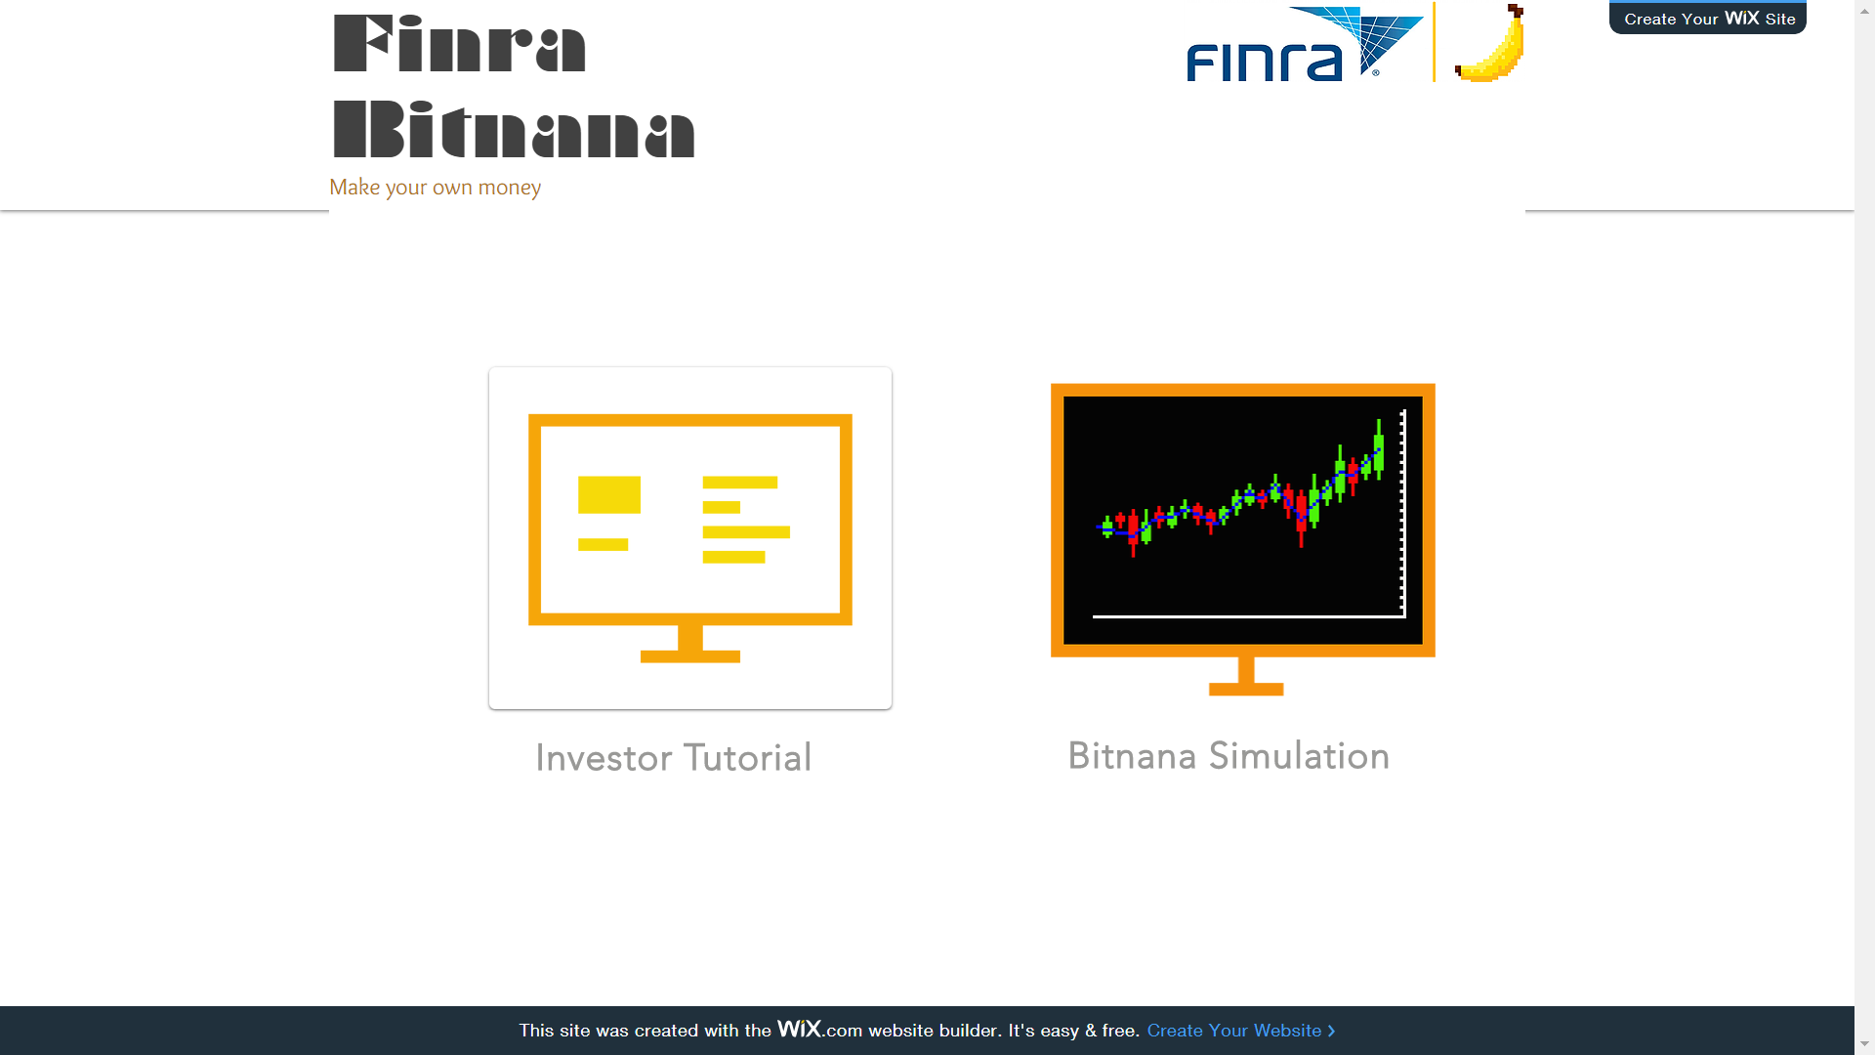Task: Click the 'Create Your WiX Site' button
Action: (x=1707, y=18)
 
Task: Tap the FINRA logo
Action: (x=1305, y=44)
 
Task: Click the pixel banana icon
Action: (x=1489, y=43)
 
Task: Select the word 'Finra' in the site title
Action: (x=459, y=44)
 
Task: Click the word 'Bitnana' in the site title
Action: (x=514, y=129)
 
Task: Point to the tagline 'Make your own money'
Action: (x=435, y=187)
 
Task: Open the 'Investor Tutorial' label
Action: (x=673, y=758)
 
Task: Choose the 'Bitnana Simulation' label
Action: (x=1229, y=756)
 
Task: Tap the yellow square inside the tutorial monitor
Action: (x=609, y=495)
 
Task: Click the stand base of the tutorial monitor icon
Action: (x=690, y=656)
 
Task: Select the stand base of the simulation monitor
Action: (x=1246, y=690)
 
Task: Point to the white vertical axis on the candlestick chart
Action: (x=1403, y=514)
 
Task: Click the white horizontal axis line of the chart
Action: (x=1249, y=616)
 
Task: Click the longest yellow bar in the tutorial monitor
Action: (x=746, y=532)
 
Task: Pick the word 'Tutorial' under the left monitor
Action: (x=747, y=758)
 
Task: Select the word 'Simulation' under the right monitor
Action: (x=1299, y=756)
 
